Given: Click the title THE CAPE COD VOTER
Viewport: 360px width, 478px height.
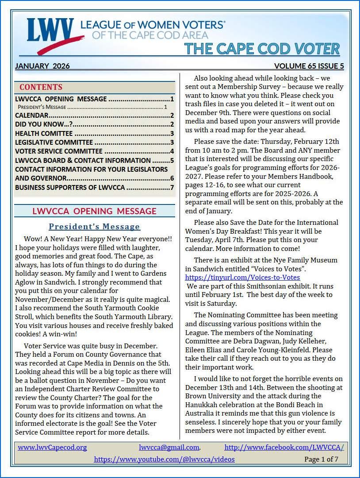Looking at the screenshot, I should [x=261, y=48].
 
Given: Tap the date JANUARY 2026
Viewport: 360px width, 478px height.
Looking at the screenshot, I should [x=42, y=66].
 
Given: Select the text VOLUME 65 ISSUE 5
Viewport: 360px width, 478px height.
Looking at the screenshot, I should [x=309, y=66].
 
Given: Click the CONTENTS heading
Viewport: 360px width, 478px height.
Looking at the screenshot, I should [x=41, y=87].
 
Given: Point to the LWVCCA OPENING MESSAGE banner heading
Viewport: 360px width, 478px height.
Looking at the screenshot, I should [x=94, y=211].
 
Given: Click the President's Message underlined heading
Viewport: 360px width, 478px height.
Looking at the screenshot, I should [x=94, y=227].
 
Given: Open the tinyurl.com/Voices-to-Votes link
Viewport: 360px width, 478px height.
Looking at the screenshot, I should [x=242, y=277].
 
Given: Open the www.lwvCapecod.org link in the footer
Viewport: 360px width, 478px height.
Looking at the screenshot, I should [x=52, y=447].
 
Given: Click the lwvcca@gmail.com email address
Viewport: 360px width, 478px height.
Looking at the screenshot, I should [x=169, y=447].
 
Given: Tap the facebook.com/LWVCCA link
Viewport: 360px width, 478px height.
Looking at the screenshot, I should [x=284, y=447].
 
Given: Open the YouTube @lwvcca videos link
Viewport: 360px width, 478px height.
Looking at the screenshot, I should [x=164, y=459].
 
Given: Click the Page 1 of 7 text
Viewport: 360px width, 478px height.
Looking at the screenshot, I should [x=321, y=459].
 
